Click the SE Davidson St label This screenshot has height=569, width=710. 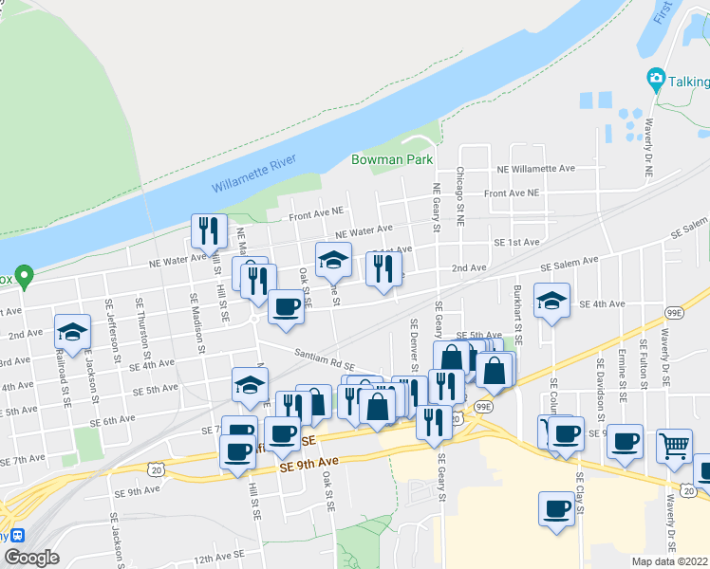click(600, 388)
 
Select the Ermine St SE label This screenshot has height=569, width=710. click(622, 389)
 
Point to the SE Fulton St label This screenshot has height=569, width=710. click(644, 371)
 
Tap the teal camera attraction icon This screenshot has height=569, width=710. click(655, 78)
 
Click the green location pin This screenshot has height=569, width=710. click(26, 276)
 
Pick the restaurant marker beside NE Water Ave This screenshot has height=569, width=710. click(207, 230)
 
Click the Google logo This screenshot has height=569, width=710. click(31, 558)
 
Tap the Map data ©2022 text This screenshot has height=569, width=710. click(670, 561)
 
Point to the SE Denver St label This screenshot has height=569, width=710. click(415, 348)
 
